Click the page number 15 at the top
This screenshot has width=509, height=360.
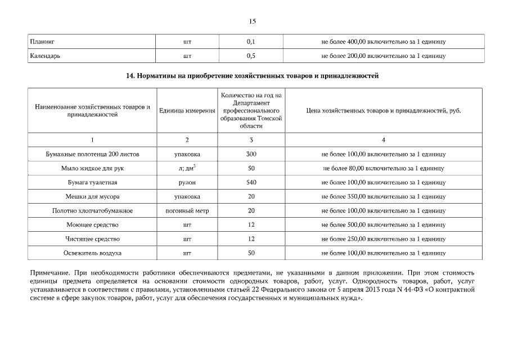pyautogui.click(x=253, y=21)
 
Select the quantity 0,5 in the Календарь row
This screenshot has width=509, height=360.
pyautogui.click(x=251, y=56)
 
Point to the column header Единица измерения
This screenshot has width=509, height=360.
pyautogui.click(x=187, y=111)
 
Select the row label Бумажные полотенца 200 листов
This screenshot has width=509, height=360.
pyautogui.click(x=92, y=154)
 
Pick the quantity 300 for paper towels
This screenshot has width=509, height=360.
pyautogui.click(x=251, y=154)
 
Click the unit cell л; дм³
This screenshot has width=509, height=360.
pyautogui.click(x=187, y=168)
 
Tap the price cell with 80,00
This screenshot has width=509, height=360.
pyautogui.click(x=384, y=168)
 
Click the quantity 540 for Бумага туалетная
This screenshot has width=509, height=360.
pyautogui.click(x=251, y=182)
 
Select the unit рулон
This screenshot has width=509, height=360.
pyautogui.click(x=187, y=182)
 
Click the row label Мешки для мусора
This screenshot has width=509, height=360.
pyautogui.click(x=92, y=196)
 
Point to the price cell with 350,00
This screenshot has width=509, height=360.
pyautogui.click(x=384, y=196)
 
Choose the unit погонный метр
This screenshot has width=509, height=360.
pyautogui.click(x=187, y=210)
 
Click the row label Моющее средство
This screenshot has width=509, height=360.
pyautogui.click(x=92, y=224)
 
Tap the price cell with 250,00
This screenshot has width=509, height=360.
pyautogui.click(x=384, y=238)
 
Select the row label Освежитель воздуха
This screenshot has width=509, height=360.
pyautogui.click(x=92, y=253)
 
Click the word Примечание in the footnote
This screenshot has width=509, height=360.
pyautogui.click(x=49, y=273)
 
